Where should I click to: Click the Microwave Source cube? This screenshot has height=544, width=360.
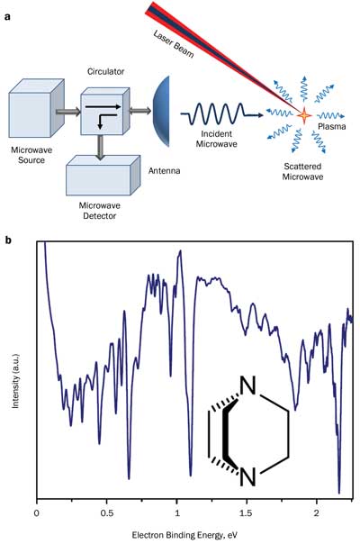tap(36, 108)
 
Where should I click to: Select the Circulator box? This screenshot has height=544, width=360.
tap(105, 111)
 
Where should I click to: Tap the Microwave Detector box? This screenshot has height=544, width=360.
tap(103, 176)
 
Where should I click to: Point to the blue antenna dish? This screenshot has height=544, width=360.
tap(162, 111)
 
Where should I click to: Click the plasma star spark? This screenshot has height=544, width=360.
tap(304, 115)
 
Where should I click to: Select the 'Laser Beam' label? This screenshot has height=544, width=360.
tap(173, 44)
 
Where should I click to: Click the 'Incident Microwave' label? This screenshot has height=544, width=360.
tap(216, 139)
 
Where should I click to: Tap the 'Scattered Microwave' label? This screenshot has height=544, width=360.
tap(302, 171)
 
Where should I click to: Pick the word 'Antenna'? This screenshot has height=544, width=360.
tap(164, 171)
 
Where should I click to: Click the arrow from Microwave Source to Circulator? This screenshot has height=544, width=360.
tap(68, 112)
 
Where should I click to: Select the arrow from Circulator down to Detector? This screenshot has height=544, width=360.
tap(100, 147)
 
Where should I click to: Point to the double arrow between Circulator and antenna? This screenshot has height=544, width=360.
tap(140, 111)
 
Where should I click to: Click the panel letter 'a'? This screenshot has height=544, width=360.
tap(7, 16)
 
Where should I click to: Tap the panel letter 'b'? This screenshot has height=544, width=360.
tap(8, 240)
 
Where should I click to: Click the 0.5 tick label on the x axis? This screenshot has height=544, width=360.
tap(107, 513)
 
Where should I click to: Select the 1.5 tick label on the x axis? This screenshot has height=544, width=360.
tap(247, 513)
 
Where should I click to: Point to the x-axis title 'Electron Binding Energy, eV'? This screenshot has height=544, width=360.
tap(184, 535)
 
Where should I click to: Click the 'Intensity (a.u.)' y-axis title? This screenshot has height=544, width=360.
tap(15, 381)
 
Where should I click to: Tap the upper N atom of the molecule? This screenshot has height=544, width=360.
tap(247, 385)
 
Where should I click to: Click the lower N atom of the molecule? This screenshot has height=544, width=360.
tap(247, 476)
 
